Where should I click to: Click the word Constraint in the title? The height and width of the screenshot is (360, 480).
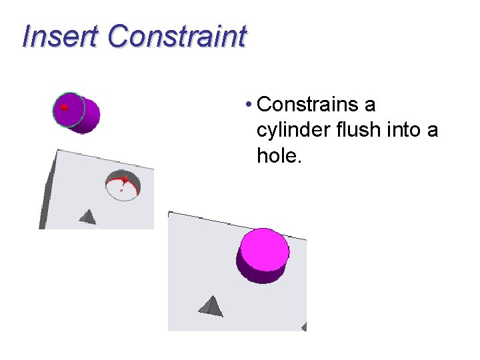[177, 37]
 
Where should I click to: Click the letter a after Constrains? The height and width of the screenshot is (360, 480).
[370, 105]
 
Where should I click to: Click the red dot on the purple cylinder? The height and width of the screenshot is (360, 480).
[64, 107]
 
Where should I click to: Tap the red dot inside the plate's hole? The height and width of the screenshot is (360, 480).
[125, 179]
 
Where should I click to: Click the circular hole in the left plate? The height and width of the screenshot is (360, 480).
[123, 186]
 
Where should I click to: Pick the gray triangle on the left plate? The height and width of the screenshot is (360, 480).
[88, 216]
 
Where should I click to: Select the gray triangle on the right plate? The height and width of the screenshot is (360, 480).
[211, 306]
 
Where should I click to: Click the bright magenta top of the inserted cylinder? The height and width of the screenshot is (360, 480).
[265, 248]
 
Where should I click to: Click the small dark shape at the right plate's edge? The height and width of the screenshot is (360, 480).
[304, 327]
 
